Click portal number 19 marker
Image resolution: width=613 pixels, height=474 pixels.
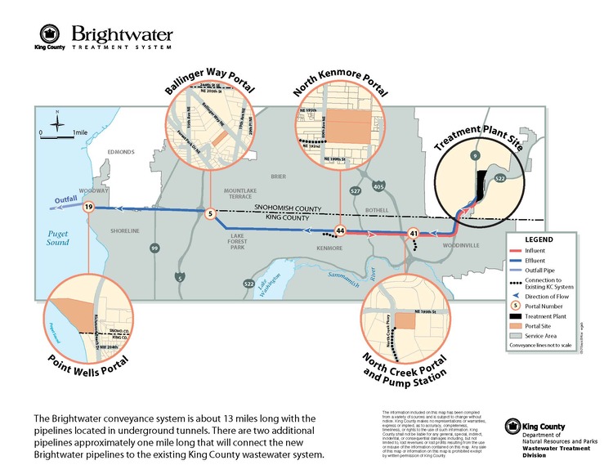point(87,208)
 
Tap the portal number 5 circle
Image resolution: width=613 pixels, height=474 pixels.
point(210,214)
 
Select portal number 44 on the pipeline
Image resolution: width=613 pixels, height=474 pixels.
point(340,231)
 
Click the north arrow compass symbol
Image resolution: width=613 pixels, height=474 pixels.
point(56,123)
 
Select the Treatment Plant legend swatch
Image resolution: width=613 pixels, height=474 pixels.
point(517,313)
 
